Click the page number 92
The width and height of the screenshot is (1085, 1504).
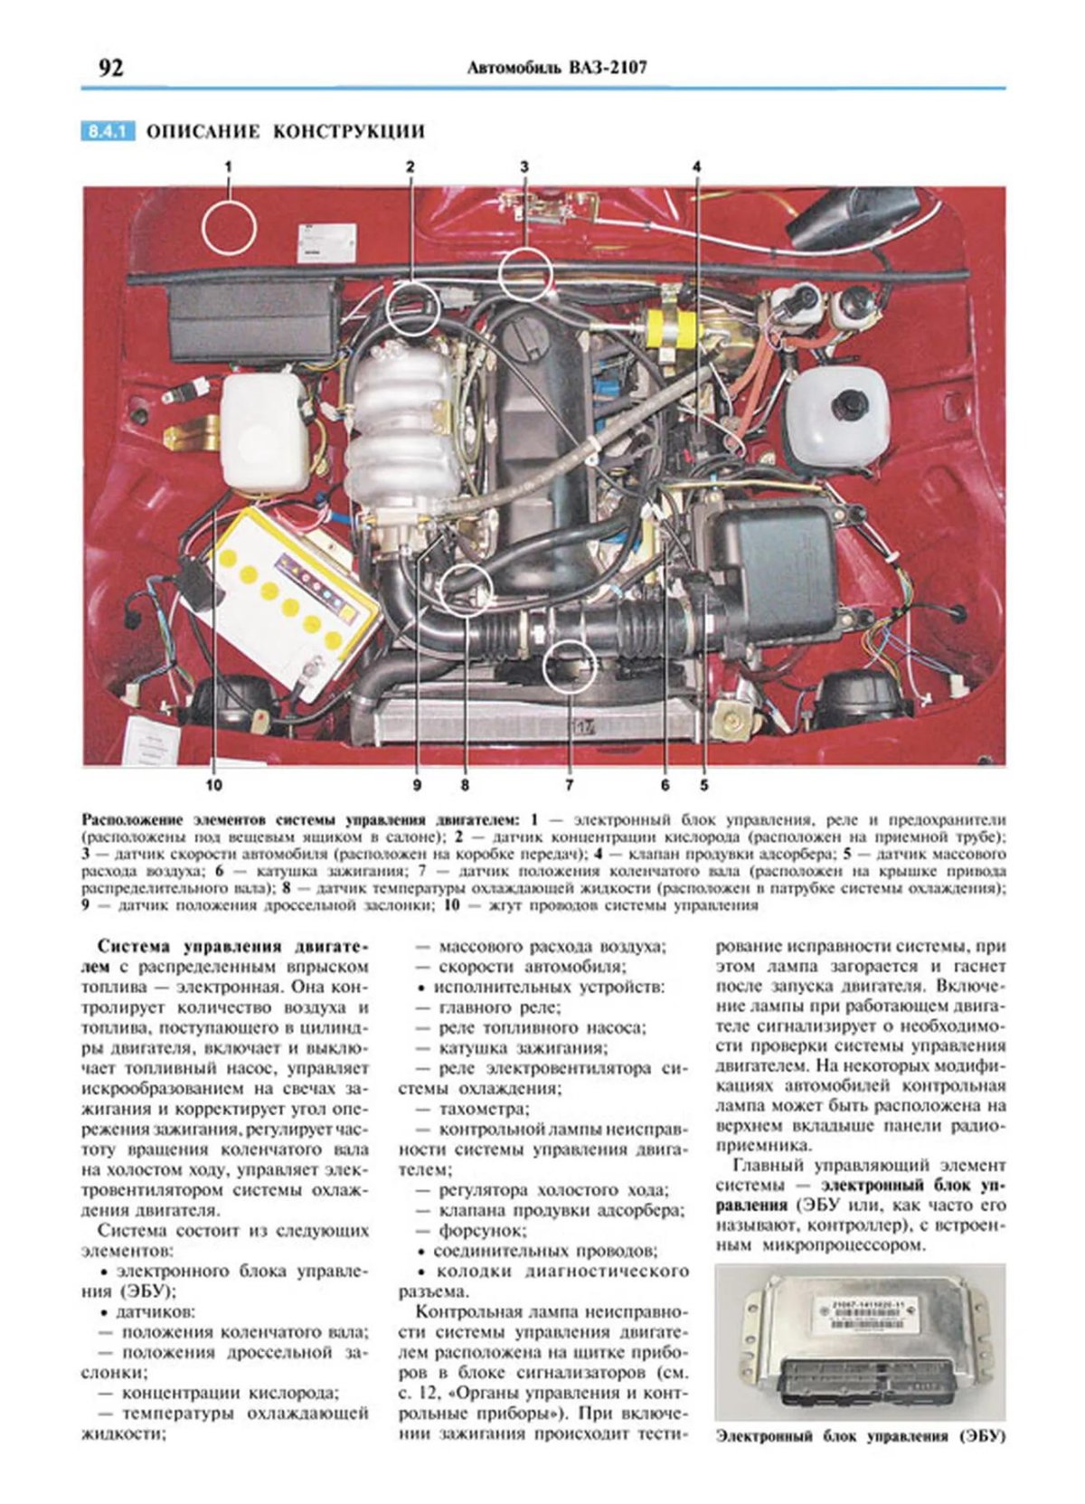pyautogui.click(x=109, y=68)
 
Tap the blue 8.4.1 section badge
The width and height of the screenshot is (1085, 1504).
pyautogui.click(x=108, y=131)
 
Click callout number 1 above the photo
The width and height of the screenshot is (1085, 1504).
pyautogui.click(x=229, y=166)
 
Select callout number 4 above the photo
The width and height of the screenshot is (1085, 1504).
pyautogui.click(x=696, y=166)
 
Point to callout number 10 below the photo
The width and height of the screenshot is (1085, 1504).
pyautogui.click(x=213, y=785)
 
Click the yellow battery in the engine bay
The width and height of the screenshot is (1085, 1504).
pyautogui.click(x=289, y=597)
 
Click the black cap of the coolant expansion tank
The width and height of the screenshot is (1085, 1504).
pyautogui.click(x=848, y=403)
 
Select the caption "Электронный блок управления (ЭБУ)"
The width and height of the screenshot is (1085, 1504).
pyautogui.click(x=860, y=1435)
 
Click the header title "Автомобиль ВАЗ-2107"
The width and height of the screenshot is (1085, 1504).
pyautogui.click(x=557, y=68)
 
